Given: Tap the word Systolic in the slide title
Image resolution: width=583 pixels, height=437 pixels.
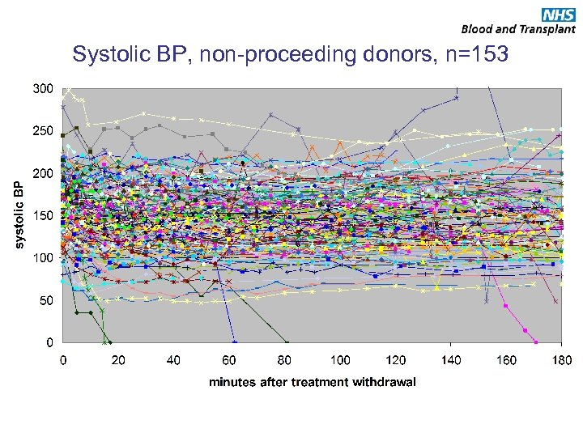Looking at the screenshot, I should (108, 55).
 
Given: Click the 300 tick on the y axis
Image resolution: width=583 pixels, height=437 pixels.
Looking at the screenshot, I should (44, 88).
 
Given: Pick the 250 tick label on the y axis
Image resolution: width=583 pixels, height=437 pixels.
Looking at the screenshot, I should (44, 130).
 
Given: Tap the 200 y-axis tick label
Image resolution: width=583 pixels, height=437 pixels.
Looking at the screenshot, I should (44, 173).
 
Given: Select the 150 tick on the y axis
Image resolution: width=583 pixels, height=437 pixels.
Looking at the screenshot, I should (44, 215).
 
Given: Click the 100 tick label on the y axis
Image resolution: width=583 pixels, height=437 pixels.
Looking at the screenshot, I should (44, 257).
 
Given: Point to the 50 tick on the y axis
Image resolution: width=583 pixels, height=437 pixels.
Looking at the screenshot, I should (47, 300).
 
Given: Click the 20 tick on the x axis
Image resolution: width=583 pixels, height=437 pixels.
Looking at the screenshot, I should (119, 360).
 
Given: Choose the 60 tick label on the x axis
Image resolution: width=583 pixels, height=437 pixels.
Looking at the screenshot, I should (230, 360).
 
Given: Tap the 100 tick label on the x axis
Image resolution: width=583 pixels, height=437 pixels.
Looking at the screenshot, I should (340, 360).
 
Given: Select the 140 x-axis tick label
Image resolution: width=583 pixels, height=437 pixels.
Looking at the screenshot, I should (451, 360).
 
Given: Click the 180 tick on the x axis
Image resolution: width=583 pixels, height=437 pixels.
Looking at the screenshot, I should (561, 360).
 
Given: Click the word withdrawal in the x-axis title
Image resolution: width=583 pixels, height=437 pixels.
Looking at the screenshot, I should (384, 382).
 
